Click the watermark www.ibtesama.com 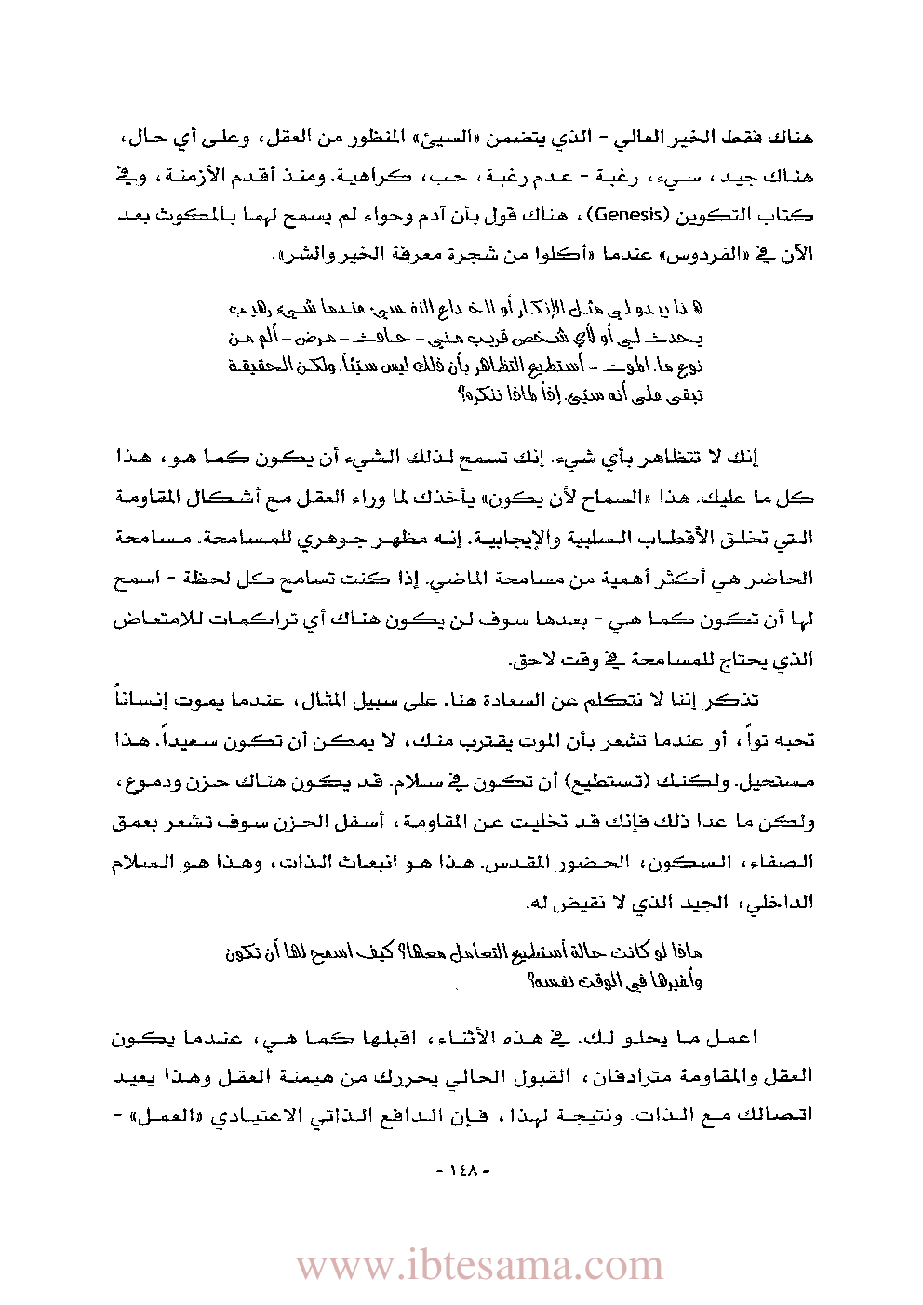479,1266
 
